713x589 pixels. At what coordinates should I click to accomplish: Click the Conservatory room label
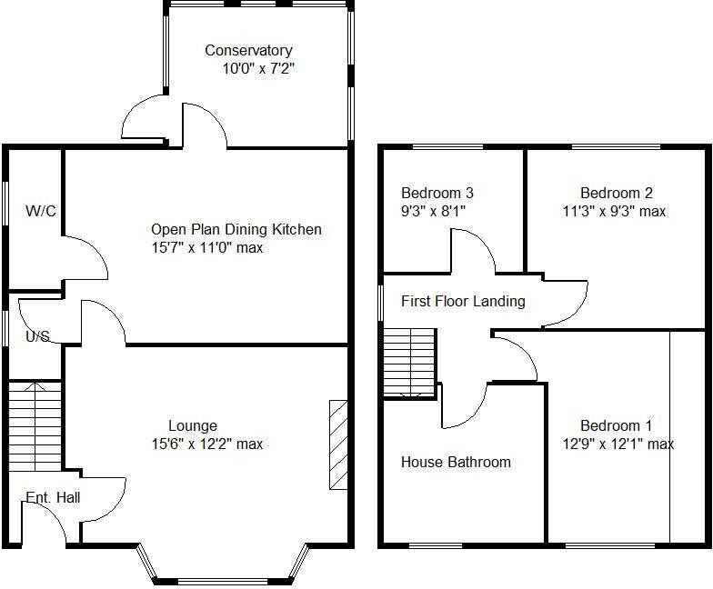point(248,51)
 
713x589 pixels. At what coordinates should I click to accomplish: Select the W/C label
point(41,212)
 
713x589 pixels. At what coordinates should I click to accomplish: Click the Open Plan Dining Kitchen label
point(236,230)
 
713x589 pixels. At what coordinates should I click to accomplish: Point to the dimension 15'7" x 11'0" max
point(207,247)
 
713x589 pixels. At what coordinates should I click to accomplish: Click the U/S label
point(37,336)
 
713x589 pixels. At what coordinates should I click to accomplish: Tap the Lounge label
point(193,425)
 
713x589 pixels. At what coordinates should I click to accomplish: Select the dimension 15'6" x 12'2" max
point(208,444)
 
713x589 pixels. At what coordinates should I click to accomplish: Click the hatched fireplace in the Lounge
point(337,445)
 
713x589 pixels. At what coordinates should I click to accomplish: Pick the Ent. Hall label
point(53,497)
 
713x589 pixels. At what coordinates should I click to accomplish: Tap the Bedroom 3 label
point(437,193)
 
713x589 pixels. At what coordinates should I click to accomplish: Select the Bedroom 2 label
point(617,193)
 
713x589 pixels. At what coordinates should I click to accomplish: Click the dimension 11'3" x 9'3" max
point(614,211)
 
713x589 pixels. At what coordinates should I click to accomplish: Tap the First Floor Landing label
point(463,301)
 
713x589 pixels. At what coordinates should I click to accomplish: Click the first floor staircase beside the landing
point(409,362)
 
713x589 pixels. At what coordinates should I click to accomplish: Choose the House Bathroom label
point(456,462)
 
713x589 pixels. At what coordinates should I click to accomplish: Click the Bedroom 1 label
point(617,425)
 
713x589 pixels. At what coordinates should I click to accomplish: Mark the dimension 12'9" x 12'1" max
point(618,444)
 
